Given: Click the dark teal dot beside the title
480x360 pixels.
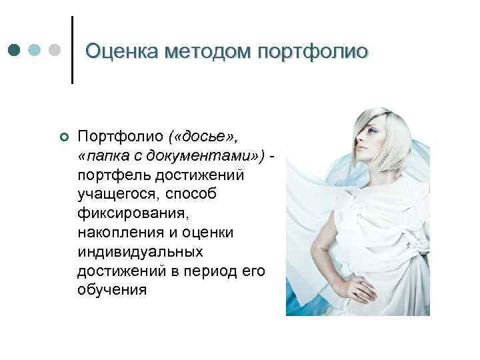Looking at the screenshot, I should click(14, 51).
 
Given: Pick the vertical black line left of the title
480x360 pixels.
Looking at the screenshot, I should click(71, 50).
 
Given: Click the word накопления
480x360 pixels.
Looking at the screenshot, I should click(122, 233).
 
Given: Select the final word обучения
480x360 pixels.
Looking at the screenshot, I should click(112, 291).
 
